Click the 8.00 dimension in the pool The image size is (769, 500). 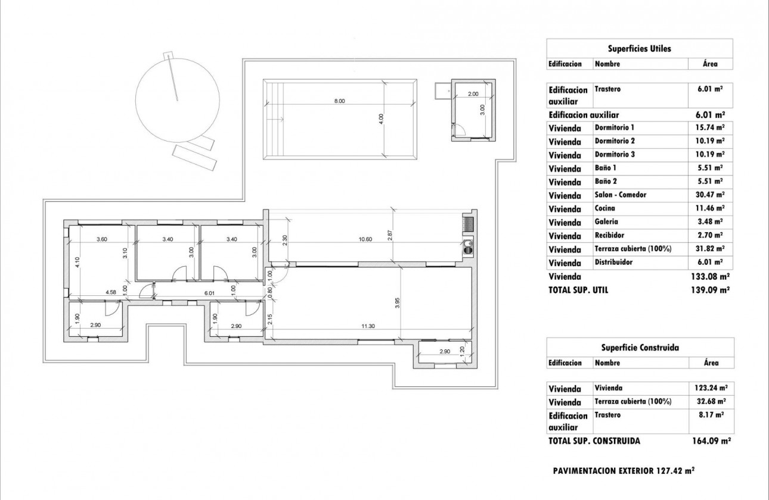point(339,101)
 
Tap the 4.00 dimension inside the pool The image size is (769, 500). point(382,119)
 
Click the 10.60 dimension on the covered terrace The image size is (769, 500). point(365,239)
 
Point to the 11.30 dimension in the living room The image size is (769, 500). point(367,326)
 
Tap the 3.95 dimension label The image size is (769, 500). point(397,302)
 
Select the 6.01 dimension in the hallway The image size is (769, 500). point(209,292)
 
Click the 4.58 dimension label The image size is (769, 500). point(111,292)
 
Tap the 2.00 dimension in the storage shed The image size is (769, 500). point(473,94)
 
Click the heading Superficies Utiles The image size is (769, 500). point(639,49)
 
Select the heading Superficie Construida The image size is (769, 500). point(639,348)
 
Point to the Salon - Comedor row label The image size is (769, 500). point(620,195)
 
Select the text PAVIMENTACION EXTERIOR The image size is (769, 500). point(604,470)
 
